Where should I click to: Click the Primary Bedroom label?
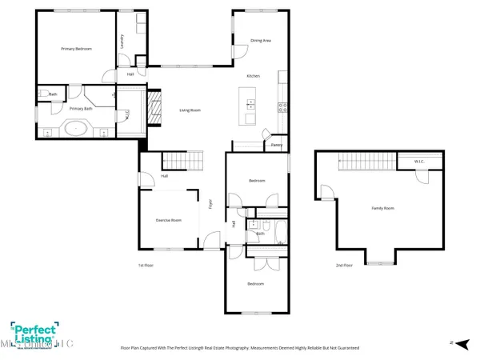click(x=77, y=49)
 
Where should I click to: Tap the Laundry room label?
click(x=121, y=42)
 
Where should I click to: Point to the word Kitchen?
click(x=253, y=76)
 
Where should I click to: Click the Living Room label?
click(x=189, y=109)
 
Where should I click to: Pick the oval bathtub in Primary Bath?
click(x=77, y=126)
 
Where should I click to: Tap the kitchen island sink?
click(x=250, y=103)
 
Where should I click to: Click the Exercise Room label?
click(x=168, y=220)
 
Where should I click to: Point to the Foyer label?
click(x=210, y=203)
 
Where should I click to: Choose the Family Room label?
click(x=383, y=208)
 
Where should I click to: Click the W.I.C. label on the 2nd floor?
click(x=418, y=162)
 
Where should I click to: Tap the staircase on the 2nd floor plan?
click(x=364, y=162)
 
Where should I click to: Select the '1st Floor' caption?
click(x=146, y=265)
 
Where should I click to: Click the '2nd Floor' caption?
click(x=344, y=265)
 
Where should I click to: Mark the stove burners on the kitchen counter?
click(x=282, y=106)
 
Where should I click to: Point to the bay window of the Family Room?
click(x=379, y=258)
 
